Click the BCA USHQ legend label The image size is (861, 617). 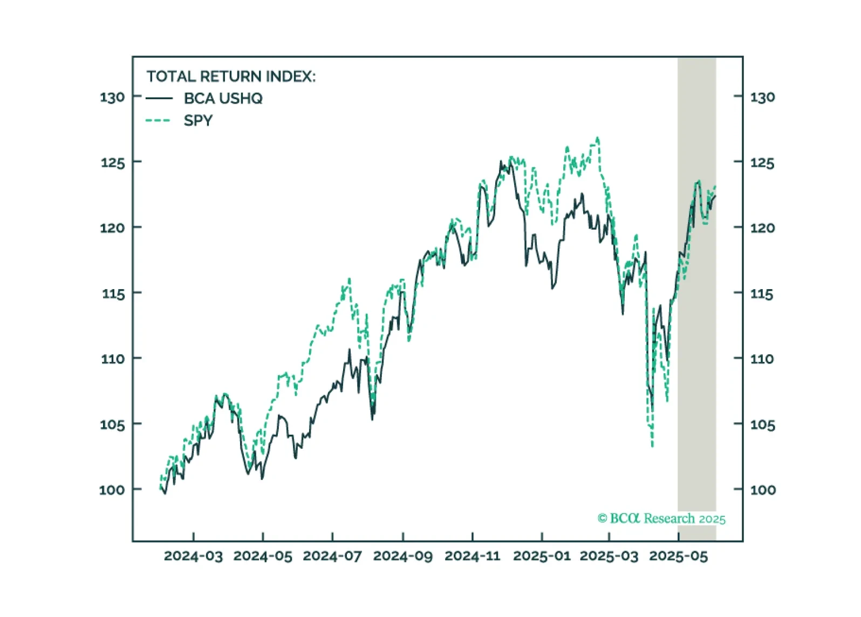pos(223,99)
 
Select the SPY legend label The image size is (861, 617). pos(198,121)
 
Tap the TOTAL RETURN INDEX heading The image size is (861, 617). pos(231,77)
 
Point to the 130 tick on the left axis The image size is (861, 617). pos(112,98)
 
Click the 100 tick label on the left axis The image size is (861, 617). pos(112,490)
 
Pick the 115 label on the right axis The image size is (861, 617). pos(762,294)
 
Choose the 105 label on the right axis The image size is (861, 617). pos(762,426)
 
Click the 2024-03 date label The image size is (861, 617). pos(193,557)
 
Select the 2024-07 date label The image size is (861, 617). pos(332,557)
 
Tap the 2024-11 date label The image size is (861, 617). pos(473,557)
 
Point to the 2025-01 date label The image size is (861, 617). pos(542,557)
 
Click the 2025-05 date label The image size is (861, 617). pos(678,557)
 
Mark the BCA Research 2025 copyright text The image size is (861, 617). pos(661,519)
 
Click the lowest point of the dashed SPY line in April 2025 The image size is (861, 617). pos(652,446)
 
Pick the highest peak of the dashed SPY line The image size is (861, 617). pos(598,138)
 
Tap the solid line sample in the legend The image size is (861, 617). pos(159,99)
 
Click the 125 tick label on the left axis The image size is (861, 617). pos(112,163)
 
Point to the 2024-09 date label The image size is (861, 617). pos(402,557)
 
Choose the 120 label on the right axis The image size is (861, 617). pos(762,228)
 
